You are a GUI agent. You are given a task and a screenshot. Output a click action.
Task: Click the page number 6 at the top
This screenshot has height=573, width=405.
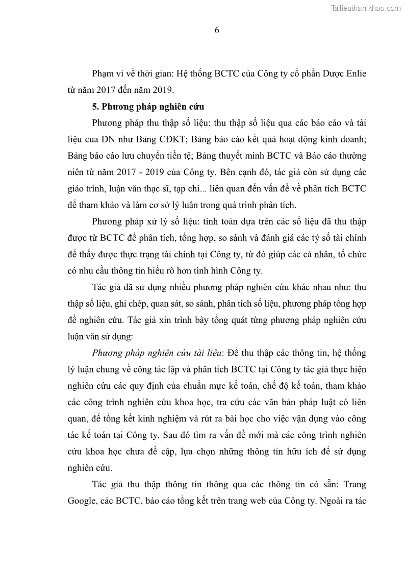click(217, 30)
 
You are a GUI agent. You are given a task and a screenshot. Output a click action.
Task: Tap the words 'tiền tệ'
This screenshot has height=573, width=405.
click(181, 156)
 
